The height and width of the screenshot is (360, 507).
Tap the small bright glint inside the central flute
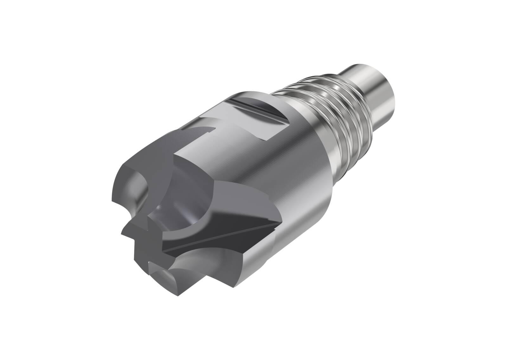[x=158, y=208]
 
